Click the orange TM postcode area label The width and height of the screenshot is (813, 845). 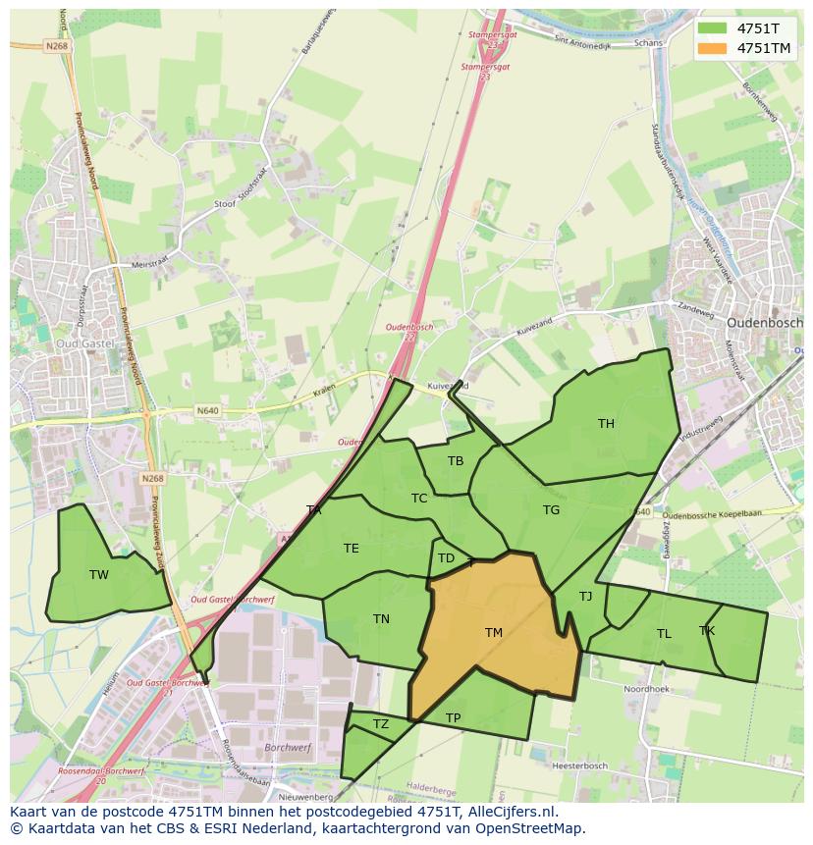[493, 633]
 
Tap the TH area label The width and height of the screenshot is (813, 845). [606, 424]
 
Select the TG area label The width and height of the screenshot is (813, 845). [551, 510]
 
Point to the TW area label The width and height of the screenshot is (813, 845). [99, 575]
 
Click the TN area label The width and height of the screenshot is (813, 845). [381, 619]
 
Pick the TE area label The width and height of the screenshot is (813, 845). [351, 549]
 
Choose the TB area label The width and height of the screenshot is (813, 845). [456, 461]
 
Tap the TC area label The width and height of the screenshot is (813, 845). [419, 499]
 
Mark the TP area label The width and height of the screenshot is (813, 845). [453, 718]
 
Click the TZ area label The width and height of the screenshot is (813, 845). [381, 724]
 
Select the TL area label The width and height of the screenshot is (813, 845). [664, 634]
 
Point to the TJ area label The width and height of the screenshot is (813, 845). [585, 597]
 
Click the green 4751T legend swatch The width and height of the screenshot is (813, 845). [713, 28]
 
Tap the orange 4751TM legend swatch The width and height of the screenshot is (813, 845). [713, 47]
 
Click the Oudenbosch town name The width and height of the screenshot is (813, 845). [764, 322]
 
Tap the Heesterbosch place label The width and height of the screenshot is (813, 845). [579, 766]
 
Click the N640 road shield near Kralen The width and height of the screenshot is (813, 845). [207, 410]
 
